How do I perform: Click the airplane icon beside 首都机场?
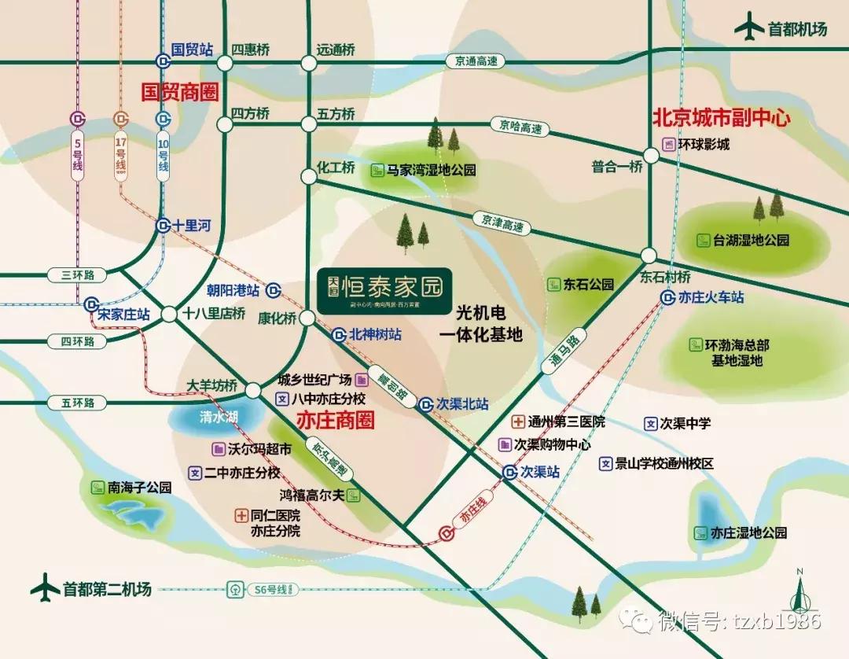point(749,29)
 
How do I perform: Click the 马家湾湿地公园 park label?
point(432,169)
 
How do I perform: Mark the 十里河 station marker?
point(163,225)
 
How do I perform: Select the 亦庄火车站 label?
point(712,298)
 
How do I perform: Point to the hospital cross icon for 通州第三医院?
point(518,422)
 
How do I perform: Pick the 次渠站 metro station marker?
point(511,472)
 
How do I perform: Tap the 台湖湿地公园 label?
point(750,241)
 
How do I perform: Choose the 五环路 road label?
point(77,403)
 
